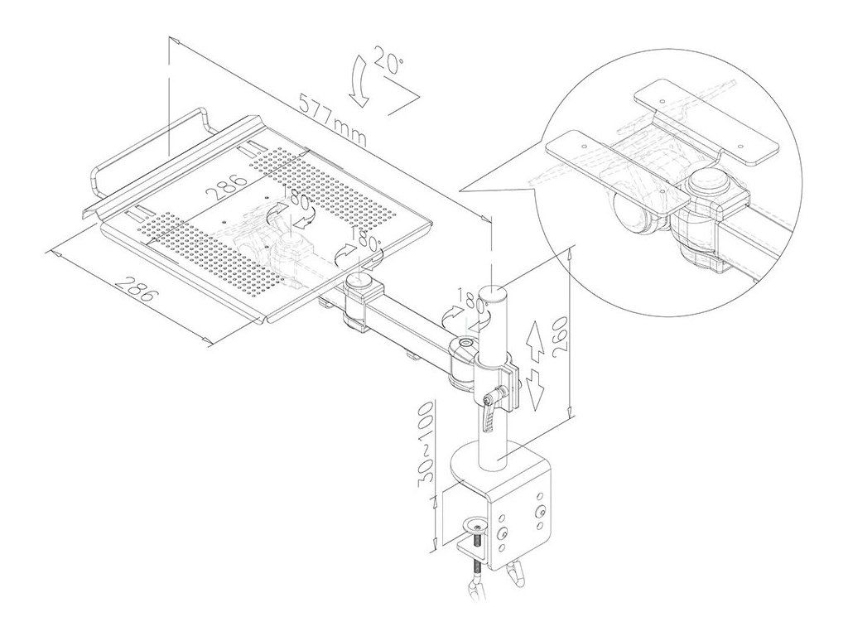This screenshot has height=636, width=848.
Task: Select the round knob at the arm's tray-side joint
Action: click(359, 282)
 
